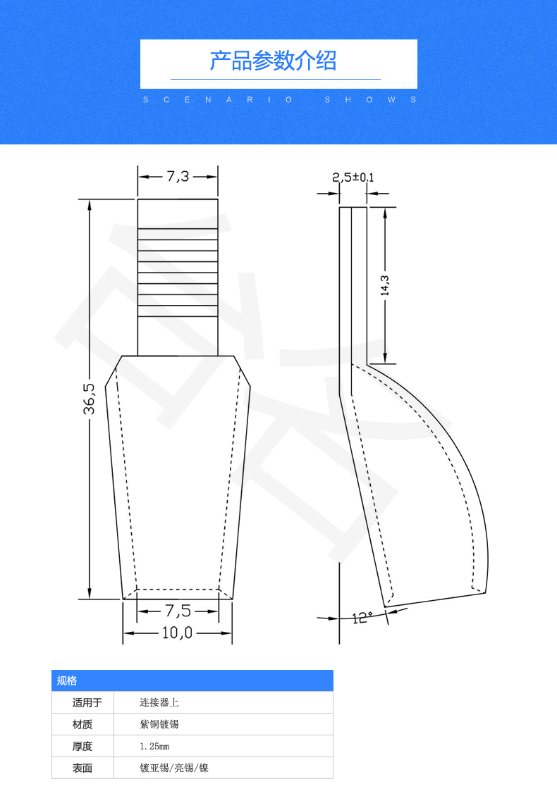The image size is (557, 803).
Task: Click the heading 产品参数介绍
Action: tap(273, 61)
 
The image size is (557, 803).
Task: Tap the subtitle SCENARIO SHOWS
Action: tap(280, 99)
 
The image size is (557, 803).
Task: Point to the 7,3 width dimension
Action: tap(178, 176)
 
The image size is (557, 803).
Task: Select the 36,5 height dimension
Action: tap(89, 399)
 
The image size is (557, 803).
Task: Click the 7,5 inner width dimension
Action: tap(178, 611)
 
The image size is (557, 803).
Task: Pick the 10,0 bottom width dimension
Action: tap(177, 633)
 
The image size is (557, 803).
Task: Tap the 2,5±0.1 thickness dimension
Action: tap(353, 178)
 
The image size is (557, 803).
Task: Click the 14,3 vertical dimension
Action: tap(385, 285)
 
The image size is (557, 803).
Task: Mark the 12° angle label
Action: tap(362, 617)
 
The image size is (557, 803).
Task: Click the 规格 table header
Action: tap(67, 680)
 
